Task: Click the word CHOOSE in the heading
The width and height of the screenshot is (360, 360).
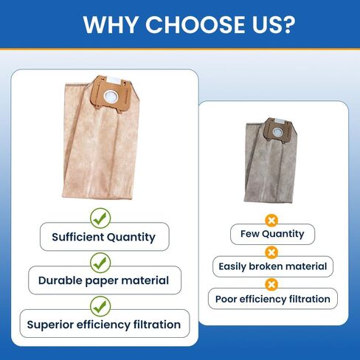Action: [x=195, y=24]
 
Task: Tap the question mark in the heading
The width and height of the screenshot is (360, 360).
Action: [x=287, y=24]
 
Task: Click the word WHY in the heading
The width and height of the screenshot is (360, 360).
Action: [x=110, y=24]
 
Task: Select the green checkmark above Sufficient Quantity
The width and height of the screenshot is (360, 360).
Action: [x=100, y=218]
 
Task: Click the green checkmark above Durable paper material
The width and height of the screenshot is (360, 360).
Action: [x=100, y=263]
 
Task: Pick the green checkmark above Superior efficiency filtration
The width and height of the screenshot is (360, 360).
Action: [x=100, y=306]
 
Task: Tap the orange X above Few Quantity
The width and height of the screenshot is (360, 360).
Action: [x=271, y=221]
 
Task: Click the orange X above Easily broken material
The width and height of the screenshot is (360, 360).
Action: [x=271, y=252]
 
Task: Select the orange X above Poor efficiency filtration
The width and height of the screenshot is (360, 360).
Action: [x=271, y=285]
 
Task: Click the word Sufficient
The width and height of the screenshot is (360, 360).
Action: [x=78, y=237]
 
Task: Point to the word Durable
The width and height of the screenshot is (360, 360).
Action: [x=60, y=280]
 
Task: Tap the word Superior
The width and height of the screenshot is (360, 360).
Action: [x=50, y=325]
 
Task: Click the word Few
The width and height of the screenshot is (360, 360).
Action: [x=249, y=234]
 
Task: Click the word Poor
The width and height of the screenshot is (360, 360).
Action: [x=226, y=299]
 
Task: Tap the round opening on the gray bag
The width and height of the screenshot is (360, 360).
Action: [x=277, y=132]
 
